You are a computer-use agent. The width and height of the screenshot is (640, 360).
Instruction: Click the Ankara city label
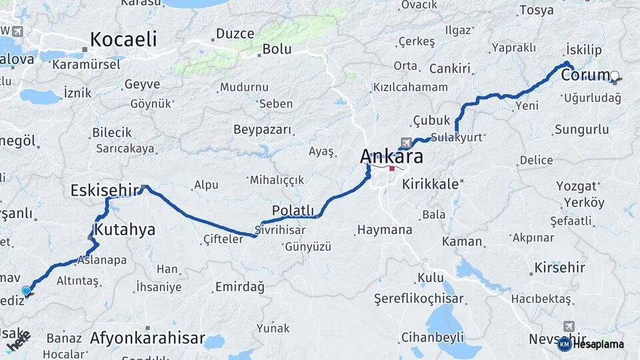pyautogui.click(x=391, y=157)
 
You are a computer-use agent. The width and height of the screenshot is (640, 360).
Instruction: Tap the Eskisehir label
pyautogui.click(x=107, y=191)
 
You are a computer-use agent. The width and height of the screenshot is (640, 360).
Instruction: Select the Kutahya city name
pyautogui.click(x=125, y=230)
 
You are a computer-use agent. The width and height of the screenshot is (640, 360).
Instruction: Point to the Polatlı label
pyautogui.click(x=293, y=211)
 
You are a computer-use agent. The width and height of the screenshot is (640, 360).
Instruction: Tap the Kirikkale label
pyautogui.click(x=430, y=184)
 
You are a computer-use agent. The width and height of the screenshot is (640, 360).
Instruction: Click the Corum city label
pyautogui.click(x=585, y=75)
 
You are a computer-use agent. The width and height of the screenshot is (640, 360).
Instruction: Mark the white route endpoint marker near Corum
pyautogui.click(x=614, y=76)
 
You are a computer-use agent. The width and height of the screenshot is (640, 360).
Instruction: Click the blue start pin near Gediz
pyautogui.click(x=27, y=291)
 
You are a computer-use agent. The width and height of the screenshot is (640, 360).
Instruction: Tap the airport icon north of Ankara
pyautogui.click(x=405, y=143)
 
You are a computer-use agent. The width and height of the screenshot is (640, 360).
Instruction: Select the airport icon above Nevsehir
pyautogui.click(x=568, y=326)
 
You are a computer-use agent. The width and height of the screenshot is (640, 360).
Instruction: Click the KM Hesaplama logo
pyautogui.click(x=591, y=344)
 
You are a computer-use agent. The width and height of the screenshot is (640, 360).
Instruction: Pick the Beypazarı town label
pyautogui.click(x=262, y=129)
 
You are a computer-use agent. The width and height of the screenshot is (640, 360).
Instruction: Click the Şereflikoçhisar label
pyautogui.click(x=418, y=297)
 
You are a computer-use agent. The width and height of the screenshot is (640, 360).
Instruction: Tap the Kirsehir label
pyautogui.click(x=559, y=268)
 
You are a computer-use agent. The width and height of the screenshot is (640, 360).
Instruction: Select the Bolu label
pyautogui.click(x=277, y=49)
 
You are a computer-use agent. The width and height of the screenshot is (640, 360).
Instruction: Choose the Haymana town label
pyautogui.click(x=385, y=230)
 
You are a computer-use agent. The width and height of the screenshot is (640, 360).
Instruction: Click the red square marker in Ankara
pyautogui.click(x=392, y=168)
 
